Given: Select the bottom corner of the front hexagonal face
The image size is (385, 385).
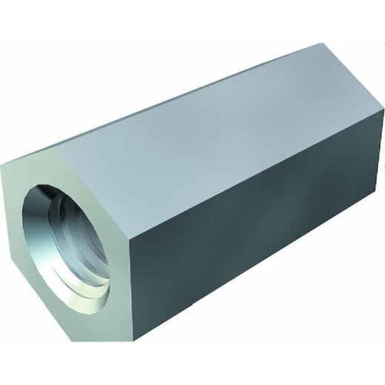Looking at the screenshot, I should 111,341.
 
